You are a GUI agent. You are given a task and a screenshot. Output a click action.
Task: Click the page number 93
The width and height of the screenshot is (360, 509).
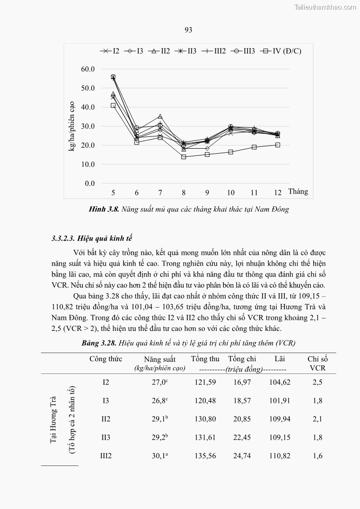click(x=189, y=30)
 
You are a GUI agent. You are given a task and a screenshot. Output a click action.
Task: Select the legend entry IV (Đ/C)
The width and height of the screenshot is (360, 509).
click(x=286, y=51)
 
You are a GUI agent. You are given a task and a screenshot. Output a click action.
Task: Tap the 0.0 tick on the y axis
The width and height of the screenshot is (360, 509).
click(x=90, y=184)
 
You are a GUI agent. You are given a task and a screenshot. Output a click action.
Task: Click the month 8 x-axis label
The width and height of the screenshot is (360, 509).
click(x=184, y=193)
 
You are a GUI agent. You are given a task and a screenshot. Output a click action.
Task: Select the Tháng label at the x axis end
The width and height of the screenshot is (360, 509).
click(x=297, y=191)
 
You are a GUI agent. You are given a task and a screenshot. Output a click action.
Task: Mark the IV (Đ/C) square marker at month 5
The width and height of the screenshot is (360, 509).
click(x=113, y=106)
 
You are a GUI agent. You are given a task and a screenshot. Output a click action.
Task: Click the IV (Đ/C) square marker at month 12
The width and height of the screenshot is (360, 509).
click(x=277, y=145)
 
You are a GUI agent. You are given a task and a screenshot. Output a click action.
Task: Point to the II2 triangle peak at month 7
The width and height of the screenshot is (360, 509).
click(x=160, y=116)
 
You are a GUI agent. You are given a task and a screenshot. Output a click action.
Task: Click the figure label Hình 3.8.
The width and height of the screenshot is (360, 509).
click(x=104, y=209)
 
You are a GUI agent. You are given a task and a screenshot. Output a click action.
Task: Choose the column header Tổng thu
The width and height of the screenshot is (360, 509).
click(x=205, y=359)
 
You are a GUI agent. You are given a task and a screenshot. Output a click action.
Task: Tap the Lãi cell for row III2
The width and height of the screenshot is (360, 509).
click(x=279, y=456)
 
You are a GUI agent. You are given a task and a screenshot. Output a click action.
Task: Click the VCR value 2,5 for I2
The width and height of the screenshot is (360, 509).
click(x=317, y=382)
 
